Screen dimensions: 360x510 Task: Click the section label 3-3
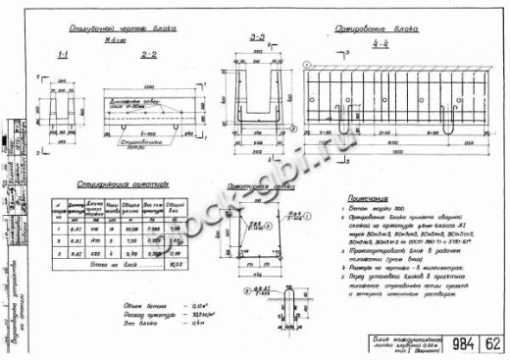(258, 37)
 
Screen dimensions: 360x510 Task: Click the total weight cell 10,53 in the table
(177, 264)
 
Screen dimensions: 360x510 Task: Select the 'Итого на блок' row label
(108, 264)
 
